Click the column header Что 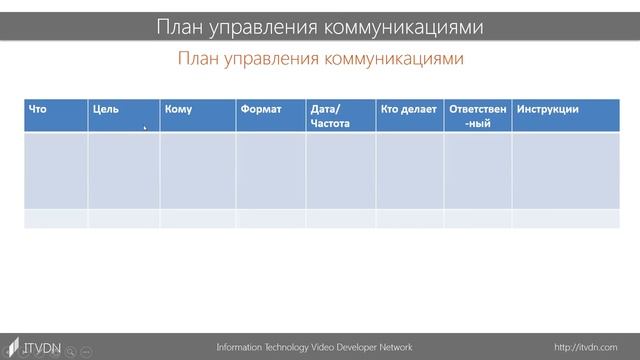point(38,109)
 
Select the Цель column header point(105,109)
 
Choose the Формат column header point(261,109)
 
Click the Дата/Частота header point(329,116)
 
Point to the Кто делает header point(409,109)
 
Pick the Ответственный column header point(478,116)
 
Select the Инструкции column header point(547,109)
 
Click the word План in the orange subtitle point(197,59)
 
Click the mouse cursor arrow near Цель point(145,127)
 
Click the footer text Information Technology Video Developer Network point(314,347)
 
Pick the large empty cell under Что point(56,170)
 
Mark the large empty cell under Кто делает point(410,170)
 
